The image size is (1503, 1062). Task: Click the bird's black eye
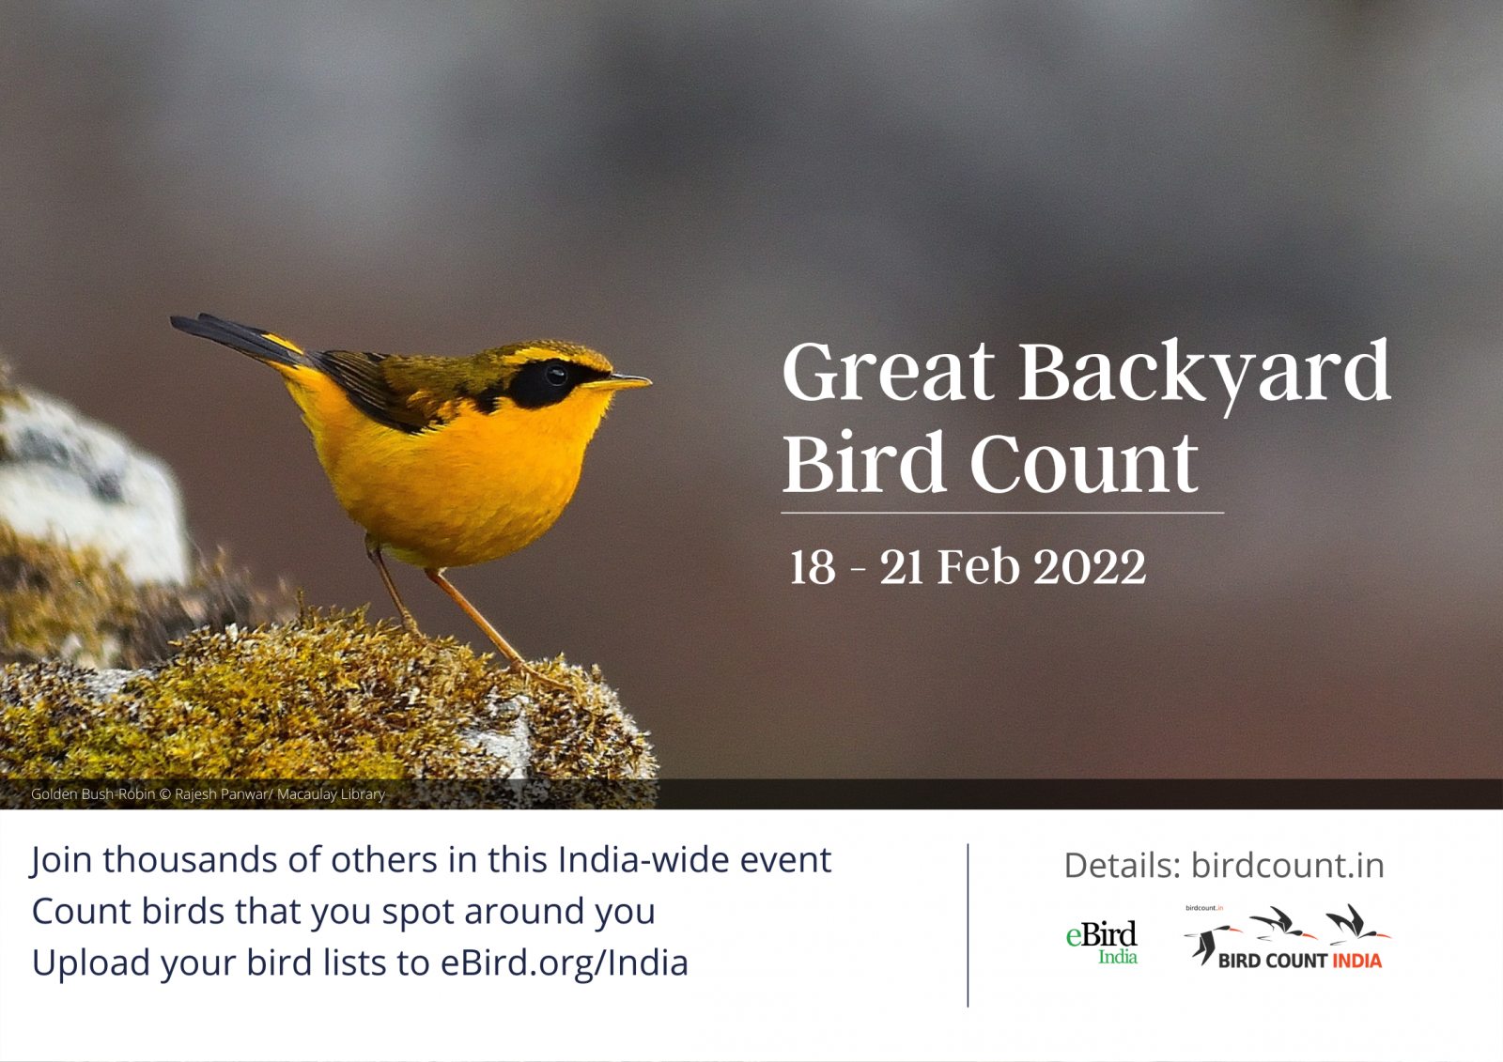[556, 375]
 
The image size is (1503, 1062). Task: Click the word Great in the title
[889, 372]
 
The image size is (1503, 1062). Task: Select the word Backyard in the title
[1205, 375]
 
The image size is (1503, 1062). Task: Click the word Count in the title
[1084, 463]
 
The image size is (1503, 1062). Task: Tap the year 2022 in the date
[1090, 567]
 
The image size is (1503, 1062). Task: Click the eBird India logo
[1102, 942]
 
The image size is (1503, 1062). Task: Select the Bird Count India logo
[1287, 937]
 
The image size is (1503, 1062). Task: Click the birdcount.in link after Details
[1288, 866]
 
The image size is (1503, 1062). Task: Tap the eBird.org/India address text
[565, 963]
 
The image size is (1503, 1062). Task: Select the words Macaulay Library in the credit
[331, 794]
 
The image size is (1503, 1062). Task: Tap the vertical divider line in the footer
[968, 925]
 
